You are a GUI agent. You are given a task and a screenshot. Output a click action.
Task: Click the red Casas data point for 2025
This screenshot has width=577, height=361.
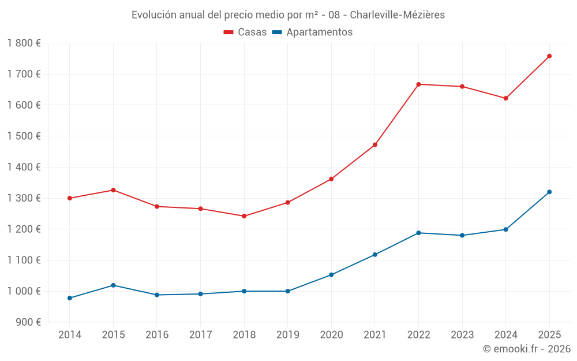549,56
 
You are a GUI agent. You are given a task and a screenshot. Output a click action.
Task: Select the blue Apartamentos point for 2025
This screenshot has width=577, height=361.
549,192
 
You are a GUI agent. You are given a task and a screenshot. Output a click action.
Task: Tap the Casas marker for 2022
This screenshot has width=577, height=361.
418,84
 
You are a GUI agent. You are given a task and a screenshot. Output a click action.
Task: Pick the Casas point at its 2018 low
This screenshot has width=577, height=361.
244,216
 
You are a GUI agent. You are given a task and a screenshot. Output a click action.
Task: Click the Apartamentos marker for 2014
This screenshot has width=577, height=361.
70,298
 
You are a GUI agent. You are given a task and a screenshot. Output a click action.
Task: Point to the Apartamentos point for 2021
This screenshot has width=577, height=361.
375,255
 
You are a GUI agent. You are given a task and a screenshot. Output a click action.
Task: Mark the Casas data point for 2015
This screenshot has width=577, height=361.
113,190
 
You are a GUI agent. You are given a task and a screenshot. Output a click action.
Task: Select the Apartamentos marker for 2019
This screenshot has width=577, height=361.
288,291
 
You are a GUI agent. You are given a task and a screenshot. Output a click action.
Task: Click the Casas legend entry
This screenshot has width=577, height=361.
245,32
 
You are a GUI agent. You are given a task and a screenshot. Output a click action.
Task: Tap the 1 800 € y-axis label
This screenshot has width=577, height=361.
24,43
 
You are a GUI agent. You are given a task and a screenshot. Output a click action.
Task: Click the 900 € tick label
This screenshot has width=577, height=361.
27,322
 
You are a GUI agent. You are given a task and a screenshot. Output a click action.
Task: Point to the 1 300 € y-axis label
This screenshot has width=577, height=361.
24,198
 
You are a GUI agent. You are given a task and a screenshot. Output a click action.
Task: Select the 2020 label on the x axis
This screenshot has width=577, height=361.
331,335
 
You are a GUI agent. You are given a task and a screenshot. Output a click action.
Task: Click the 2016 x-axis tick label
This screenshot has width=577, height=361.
157,335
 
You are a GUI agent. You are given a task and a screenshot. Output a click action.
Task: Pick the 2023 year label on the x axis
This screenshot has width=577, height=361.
462,335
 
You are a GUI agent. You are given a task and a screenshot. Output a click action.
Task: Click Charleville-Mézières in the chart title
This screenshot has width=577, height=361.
398,15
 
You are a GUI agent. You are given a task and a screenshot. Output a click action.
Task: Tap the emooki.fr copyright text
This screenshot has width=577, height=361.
527,349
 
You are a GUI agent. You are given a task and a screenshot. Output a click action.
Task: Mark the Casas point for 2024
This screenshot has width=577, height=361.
506,98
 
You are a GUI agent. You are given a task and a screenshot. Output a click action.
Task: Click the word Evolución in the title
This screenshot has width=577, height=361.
152,15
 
